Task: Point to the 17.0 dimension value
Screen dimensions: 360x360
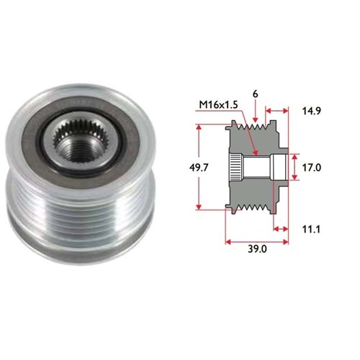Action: pos(310,167)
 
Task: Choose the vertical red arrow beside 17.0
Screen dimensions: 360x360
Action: pos(293,167)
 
